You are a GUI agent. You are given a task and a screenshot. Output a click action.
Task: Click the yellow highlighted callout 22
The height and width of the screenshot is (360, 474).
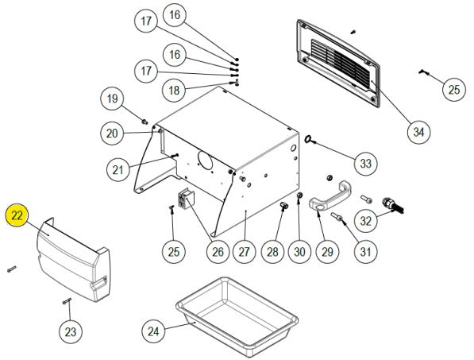tap(17, 215)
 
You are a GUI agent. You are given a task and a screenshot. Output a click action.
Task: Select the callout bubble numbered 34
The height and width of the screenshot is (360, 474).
tap(418, 132)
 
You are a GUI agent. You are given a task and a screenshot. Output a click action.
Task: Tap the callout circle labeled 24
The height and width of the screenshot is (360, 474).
tap(153, 331)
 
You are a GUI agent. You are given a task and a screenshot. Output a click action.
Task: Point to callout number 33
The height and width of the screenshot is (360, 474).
tap(365, 164)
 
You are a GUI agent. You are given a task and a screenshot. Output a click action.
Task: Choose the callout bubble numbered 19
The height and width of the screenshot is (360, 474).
tap(112, 99)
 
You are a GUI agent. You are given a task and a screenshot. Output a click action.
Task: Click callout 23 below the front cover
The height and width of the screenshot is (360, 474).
tap(71, 332)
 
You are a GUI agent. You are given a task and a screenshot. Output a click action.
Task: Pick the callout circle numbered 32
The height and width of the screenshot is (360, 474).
tap(365, 221)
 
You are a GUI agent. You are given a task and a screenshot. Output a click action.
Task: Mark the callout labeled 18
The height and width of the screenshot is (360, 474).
tap(174, 90)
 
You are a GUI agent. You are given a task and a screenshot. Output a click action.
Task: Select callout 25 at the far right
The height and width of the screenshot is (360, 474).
tap(453, 90)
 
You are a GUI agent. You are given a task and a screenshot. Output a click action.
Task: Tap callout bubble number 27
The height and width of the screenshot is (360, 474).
tap(245, 252)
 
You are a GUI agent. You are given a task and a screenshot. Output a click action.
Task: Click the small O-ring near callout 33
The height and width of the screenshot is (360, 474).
tap(309, 139)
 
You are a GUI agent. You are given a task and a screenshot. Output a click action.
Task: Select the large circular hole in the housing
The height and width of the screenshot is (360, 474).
tap(206, 160)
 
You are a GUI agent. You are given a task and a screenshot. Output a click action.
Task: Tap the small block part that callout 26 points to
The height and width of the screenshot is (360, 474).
tap(186, 198)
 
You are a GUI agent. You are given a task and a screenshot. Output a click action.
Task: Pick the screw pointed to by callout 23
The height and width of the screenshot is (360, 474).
tap(67, 301)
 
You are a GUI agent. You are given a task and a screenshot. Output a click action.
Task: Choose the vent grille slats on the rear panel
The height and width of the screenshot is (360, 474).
tap(341, 64)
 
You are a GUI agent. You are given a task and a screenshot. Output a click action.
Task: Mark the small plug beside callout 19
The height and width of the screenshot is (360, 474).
tap(145, 122)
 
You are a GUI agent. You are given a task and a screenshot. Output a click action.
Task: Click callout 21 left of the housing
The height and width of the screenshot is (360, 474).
tap(118, 170)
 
